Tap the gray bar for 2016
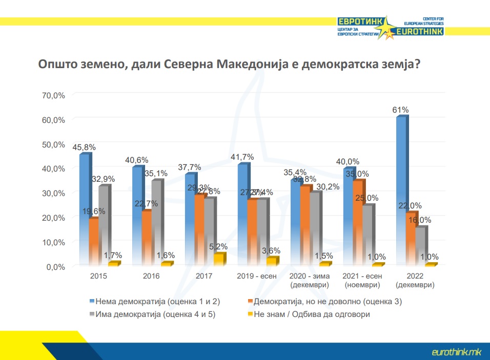click(156, 223)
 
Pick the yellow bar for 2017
click(218, 260)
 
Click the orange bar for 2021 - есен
click(357, 223)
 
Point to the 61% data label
click(400, 110)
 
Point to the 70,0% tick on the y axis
click(53, 95)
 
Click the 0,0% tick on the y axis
click(54, 267)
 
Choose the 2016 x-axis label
click(152, 277)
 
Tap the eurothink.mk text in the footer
click(456, 352)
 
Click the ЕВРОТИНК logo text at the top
click(359, 22)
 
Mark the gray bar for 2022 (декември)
click(419, 246)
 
